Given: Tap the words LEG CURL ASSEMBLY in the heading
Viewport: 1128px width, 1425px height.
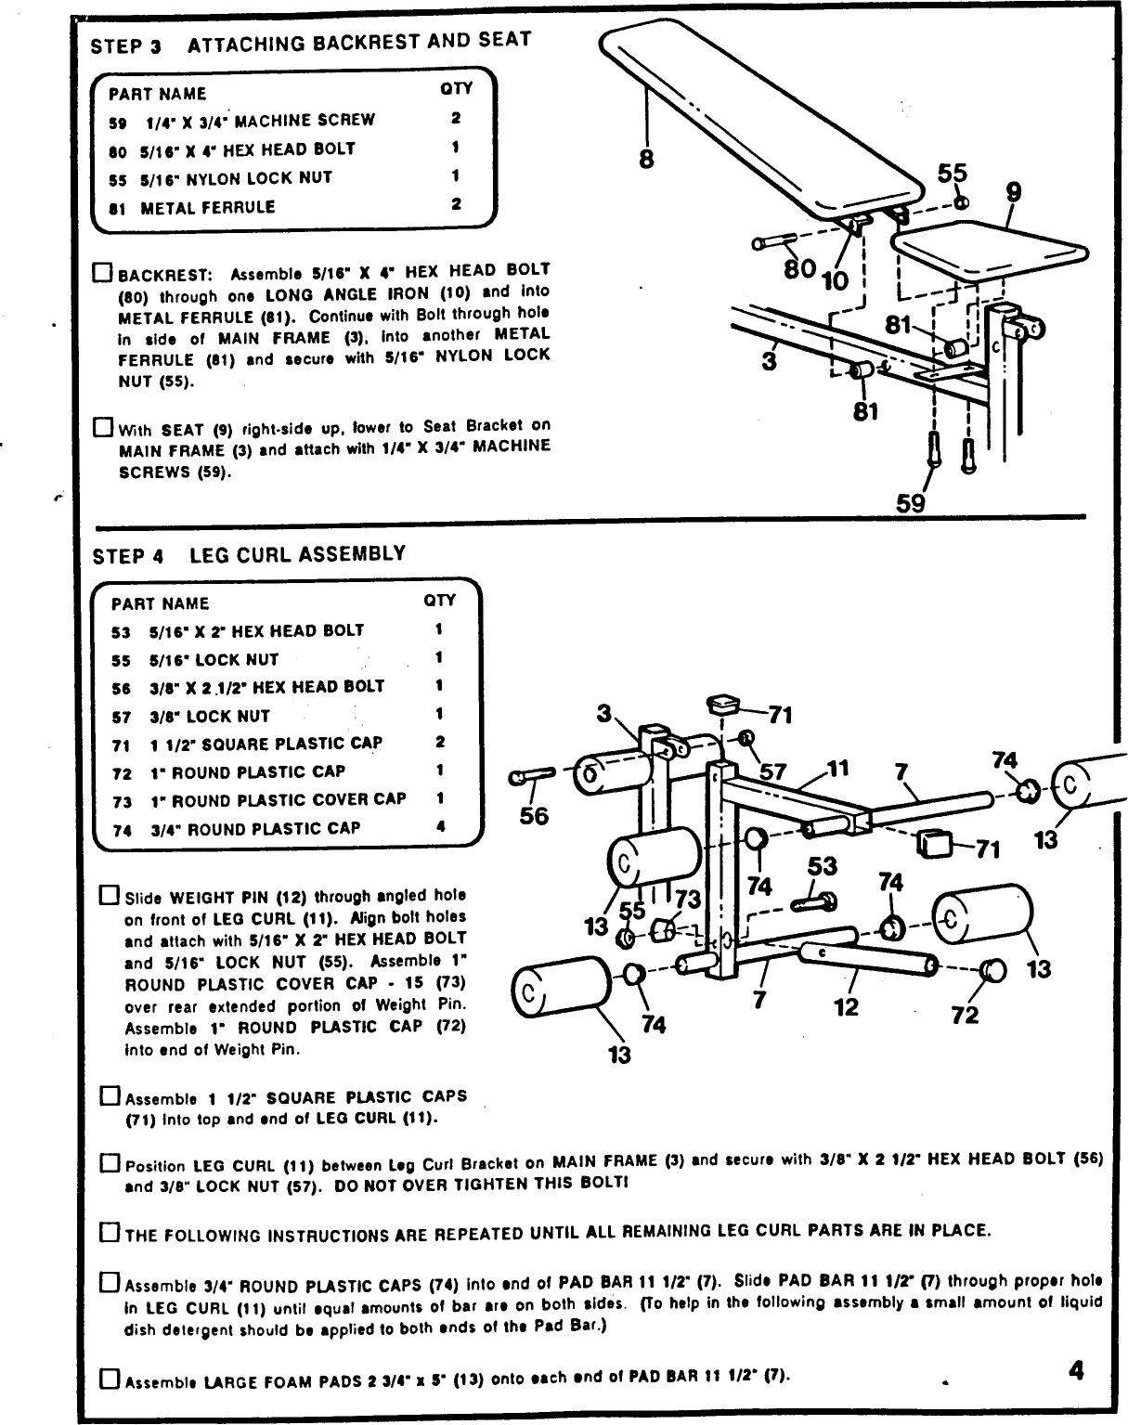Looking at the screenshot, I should (297, 554).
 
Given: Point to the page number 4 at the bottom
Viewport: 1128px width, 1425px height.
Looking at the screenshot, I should (1076, 1370).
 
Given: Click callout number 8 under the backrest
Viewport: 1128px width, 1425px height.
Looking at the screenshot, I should (646, 159).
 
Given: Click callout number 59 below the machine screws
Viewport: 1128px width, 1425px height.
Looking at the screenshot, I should (911, 503).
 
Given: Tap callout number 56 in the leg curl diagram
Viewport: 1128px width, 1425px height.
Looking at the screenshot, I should (534, 816).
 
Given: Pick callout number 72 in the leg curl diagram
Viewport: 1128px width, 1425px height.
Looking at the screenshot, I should (965, 1015).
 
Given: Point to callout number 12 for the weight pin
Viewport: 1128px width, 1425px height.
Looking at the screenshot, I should (846, 1006).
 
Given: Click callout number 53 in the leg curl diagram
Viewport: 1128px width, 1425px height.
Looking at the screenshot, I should (823, 865).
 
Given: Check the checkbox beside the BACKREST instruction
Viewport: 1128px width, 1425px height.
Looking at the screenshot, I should (102, 273).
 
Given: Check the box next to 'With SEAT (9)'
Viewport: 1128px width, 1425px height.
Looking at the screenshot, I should (102, 429).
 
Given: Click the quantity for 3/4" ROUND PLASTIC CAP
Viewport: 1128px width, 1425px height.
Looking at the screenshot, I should (440, 827).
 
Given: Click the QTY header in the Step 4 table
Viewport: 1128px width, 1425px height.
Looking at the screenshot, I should (439, 601).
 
